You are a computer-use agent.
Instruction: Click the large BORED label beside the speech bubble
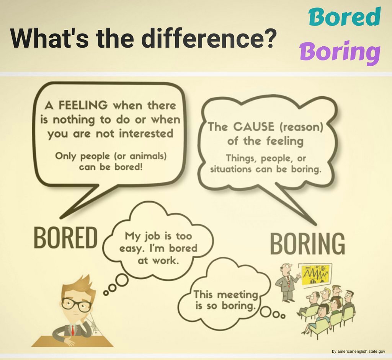[x=65, y=237]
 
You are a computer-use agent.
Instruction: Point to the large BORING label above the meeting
[x=307, y=244]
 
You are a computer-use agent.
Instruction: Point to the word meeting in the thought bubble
[x=236, y=295]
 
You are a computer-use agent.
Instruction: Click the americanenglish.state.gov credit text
[x=358, y=351]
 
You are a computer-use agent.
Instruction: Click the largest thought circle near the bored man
[x=122, y=280]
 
